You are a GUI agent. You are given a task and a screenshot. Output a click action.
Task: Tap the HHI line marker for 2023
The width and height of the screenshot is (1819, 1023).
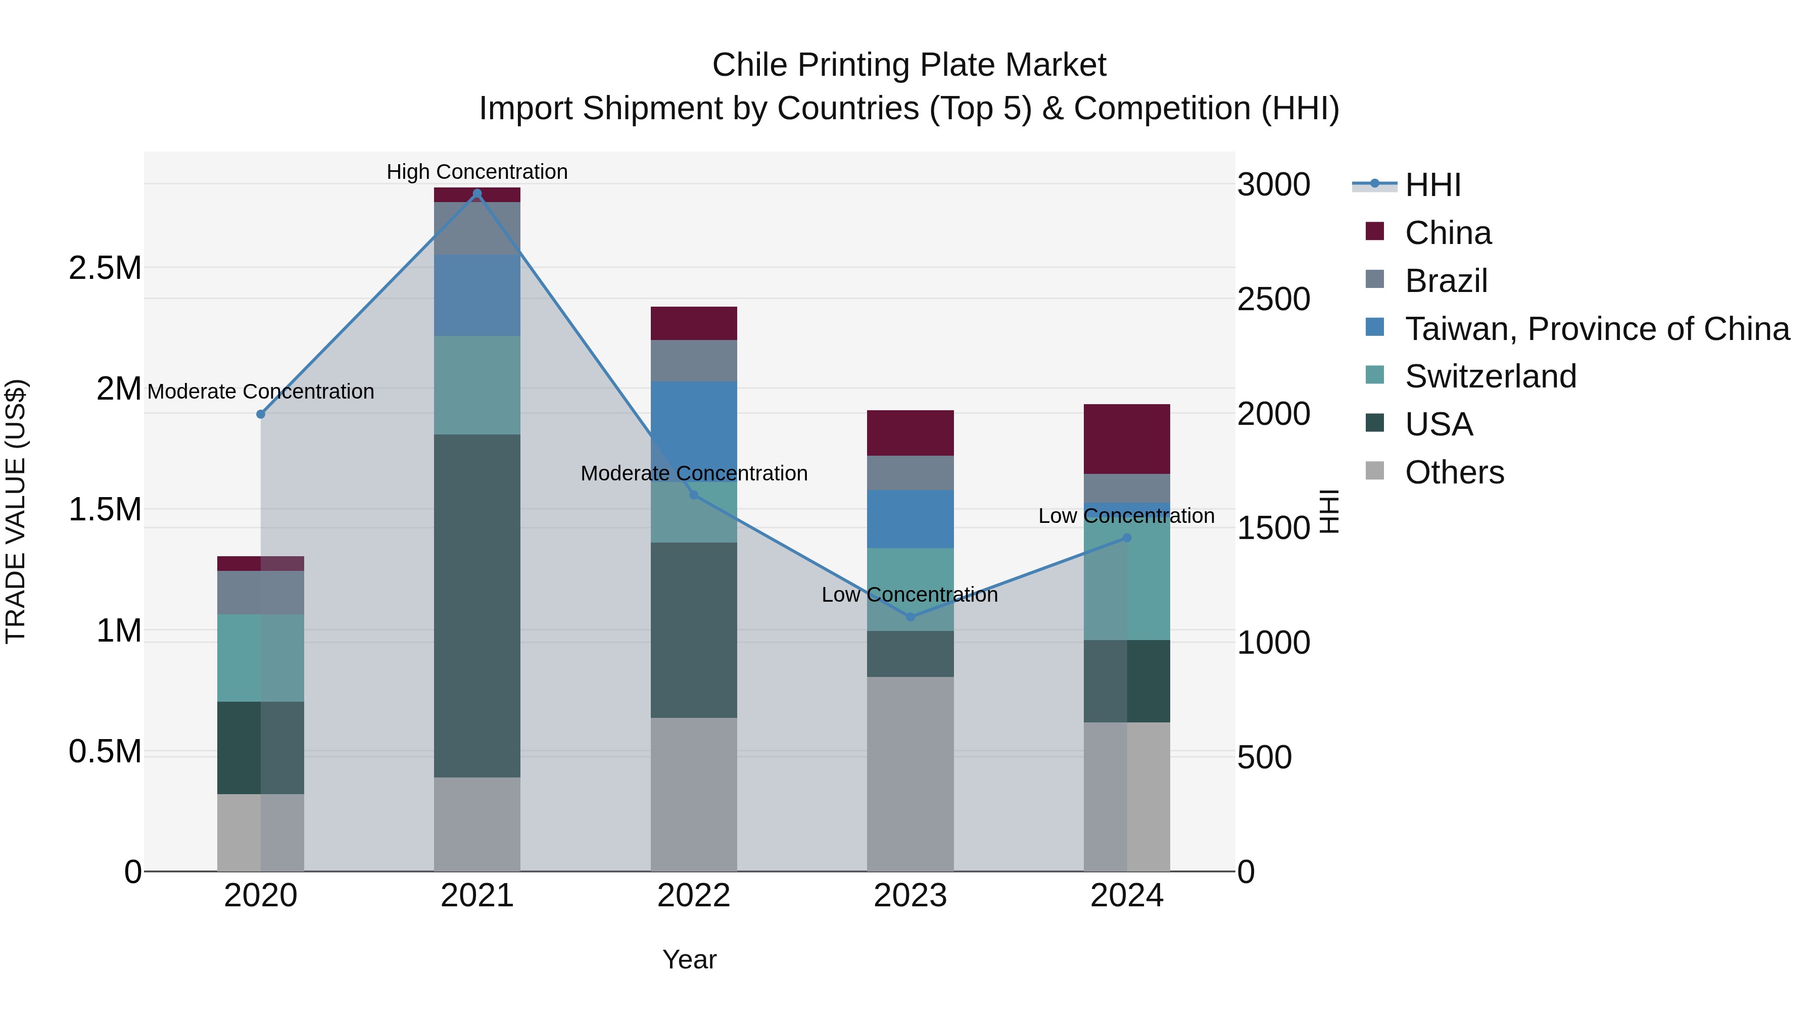pyautogui.click(x=910, y=617)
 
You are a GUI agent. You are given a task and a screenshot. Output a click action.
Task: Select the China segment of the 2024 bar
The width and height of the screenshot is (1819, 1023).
pyautogui.click(x=1126, y=439)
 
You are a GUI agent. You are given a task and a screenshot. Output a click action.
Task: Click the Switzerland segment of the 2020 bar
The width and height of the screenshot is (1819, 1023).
pyautogui.click(x=261, y=657)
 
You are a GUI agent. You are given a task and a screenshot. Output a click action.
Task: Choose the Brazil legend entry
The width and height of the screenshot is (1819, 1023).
pyautogui.click(x=1446, y=281)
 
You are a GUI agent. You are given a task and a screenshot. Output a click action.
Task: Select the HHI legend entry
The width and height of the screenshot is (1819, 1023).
pyautogui.click(x=1432, y=185)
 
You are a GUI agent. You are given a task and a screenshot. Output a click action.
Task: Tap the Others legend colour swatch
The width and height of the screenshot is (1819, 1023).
pyautogui.click(x=1374, y=471)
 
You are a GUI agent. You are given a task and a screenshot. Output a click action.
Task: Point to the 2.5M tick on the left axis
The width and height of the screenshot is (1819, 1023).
pyautogui.click(x=105, y=268)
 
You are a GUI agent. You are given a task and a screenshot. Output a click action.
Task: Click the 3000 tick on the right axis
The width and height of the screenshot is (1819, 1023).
pyautogui.click(x=1273, y=185)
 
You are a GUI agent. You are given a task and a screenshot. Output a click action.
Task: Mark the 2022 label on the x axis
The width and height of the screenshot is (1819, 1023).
pyautogui.click(x=693, y=896)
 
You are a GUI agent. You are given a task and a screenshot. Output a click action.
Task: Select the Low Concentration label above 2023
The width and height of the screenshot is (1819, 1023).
pyautogui.click(x=910, y=595)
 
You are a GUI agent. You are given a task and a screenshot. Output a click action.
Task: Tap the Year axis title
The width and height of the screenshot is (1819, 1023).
pyautogui.click(x=689, y=959)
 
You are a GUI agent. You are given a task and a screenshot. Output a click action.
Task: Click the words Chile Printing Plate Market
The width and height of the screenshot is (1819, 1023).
pyautogui.click(x=909, y=65)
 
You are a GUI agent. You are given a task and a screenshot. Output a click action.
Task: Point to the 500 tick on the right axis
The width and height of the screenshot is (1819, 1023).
pyautogui.click(x=1264, y=757)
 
